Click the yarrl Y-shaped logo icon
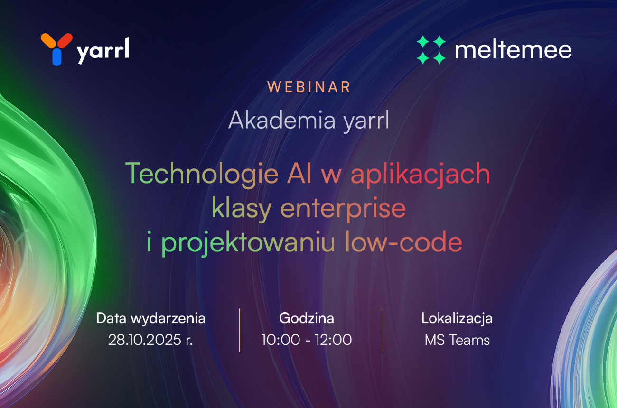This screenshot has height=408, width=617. [57, 49]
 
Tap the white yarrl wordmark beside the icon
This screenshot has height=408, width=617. [103, 51]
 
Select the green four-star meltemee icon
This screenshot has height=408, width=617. [431, 49]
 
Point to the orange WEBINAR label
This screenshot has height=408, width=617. [309, 87]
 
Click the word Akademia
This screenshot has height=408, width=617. [282, 120]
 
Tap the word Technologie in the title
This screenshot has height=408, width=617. [202, 174]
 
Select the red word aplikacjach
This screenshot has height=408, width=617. [421, 174]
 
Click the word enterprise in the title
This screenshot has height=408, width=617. [343, 209]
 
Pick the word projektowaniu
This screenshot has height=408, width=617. [248, 243]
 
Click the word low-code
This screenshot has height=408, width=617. [403, 242]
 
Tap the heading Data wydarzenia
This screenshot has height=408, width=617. [150, 319]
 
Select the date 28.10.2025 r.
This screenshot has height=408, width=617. [150, 340]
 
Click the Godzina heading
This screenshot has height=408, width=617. [307, 319]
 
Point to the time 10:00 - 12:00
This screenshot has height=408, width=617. [307, 340]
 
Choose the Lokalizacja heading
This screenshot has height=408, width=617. [457, 319]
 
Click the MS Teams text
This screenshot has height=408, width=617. [457, 340]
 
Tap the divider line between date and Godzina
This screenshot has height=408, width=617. [240, 330]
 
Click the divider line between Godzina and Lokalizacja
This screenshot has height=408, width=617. [383, 330]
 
